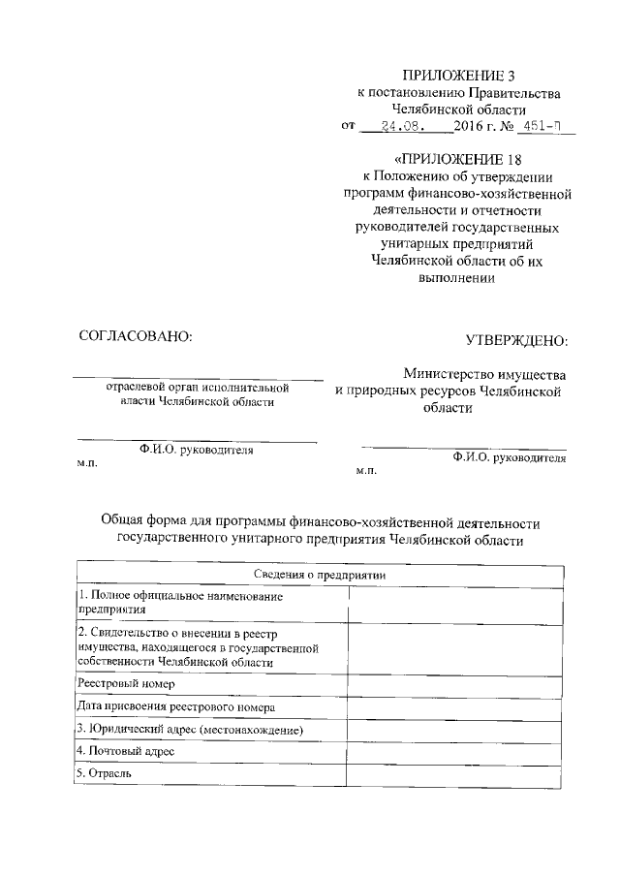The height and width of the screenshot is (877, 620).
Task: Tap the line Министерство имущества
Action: [485, 373]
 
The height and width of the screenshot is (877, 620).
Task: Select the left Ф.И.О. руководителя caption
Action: [197, 450]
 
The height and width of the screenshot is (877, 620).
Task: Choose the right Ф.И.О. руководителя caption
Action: [509, 458]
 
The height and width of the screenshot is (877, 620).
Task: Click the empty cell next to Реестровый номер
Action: [455, 683]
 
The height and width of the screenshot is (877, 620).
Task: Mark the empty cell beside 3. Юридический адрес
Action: [455, 729]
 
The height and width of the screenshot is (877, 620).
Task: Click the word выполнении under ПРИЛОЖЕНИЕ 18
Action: [452, 278]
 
